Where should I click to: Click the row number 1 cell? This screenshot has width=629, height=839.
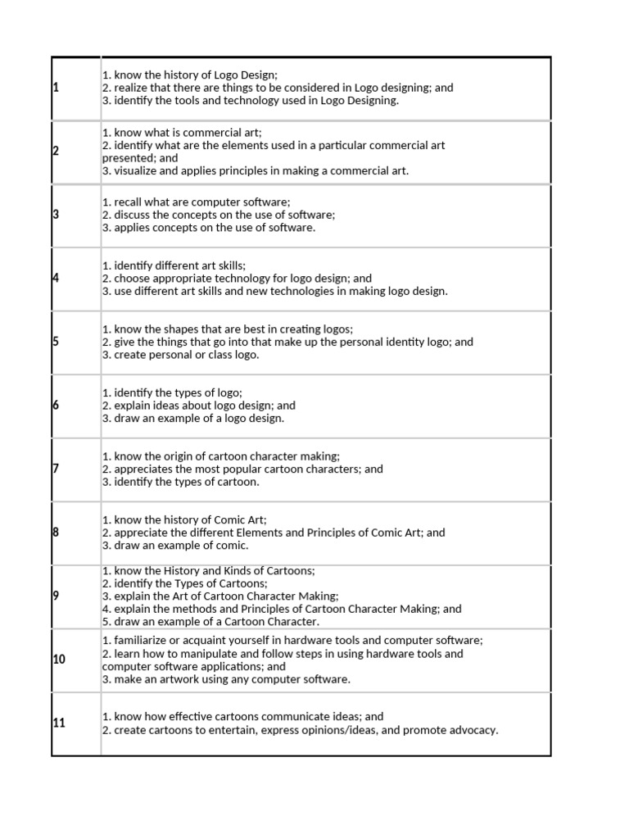(x=56, y=88)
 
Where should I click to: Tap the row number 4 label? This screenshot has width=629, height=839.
(x=56, y=279)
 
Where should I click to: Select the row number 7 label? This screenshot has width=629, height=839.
(x=56, y=469)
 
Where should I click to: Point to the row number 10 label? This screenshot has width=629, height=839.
(x=59, y=660)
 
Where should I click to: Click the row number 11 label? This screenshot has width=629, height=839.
(x=59, y=723)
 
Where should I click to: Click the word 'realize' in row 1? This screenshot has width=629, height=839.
(x=133, y=88)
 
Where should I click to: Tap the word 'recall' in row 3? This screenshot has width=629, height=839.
(x=129, y=202)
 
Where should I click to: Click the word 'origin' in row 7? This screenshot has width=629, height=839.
(x=181, y=456)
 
